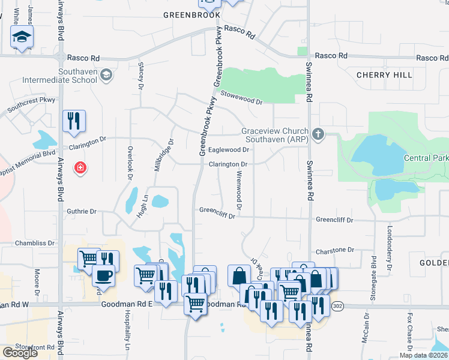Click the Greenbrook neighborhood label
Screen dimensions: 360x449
click(x=192, y=15)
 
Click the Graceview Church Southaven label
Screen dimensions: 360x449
click(x=275, y=135)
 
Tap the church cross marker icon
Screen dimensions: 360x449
click(x=319, y=134)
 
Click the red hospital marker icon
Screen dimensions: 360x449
click(x=79, y=167)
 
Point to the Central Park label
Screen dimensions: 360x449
click(x=426, y=158)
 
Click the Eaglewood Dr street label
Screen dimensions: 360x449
click(x=228, y=150)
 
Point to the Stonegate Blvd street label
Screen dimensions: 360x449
click(x=374, y=274)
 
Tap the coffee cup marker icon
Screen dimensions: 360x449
click(x=104, y=276)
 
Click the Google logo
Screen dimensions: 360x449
click(x=20, y=353)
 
